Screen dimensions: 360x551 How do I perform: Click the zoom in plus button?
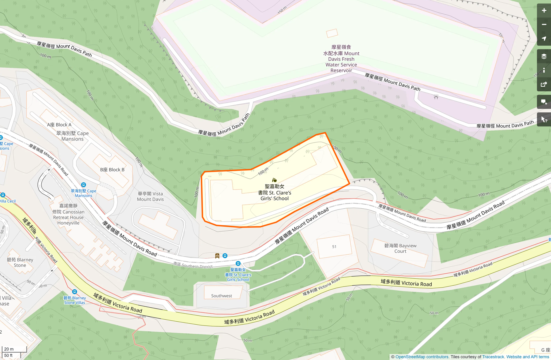pyautogui.click(x=544, y=11)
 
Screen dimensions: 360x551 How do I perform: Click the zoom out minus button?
pyautogui.click(x=544, y=25)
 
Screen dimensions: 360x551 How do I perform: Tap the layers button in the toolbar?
pyautogui.click(x=544, y=56)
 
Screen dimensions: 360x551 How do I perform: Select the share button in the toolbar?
pyautogui.click(x=544, y=85)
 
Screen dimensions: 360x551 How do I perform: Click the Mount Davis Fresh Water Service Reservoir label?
pyautogui.click(x=341, y=59)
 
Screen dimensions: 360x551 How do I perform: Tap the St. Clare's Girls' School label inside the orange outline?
pyautogui.click(x=274, y=192)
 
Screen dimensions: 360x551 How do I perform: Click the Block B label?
pyautogui.click(x=112, y=170)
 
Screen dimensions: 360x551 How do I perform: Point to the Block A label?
pyautogui.click(x=59, y=125)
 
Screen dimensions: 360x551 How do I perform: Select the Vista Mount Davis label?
pyautogui.click(x=150, y=196)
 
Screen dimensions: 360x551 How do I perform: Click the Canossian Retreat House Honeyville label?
pyautogui.click(x=68, y=214)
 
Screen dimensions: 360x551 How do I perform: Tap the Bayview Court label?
pyautogui.click(x=400, y=248)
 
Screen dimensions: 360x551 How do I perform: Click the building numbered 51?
pyautogui.click(x=334, y=247)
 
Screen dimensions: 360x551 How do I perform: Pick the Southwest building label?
pyautogui.click(x=221, y=296)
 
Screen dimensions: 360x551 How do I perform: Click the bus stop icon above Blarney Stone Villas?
pyautogui.click(x=75, y=292)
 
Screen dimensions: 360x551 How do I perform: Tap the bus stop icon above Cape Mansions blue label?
pyautogui.click(x=83, y=185)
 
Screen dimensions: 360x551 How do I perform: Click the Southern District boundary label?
pyautogui.click(x=193, y=265)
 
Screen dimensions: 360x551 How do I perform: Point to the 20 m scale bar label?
pyautogui.click(x=9, y=349)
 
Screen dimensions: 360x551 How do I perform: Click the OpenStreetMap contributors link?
pyautogui.click(x=422, y=357)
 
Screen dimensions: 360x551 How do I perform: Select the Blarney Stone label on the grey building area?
pyautogui.click(x=20, y=263)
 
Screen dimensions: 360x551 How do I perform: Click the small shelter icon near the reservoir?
pyautogui.click(x=436, y=97)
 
